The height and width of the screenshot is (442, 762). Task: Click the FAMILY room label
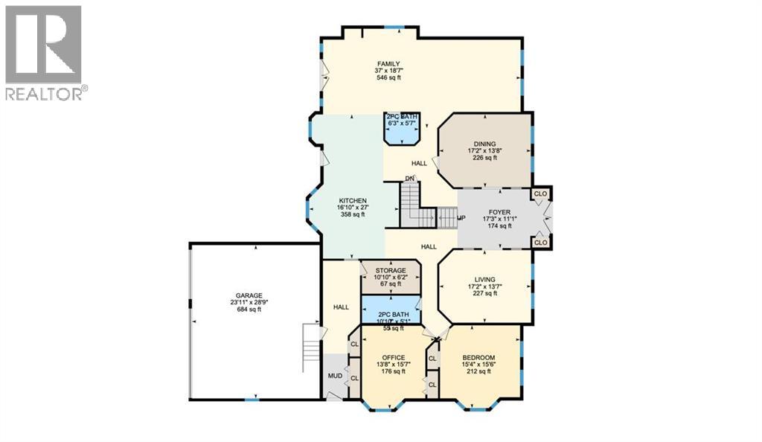(x=388, y=64)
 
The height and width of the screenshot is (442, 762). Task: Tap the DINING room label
(x=484, y=144)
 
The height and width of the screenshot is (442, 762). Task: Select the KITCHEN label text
(x=352, y=201)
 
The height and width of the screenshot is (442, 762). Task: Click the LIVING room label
(x=484, y=280)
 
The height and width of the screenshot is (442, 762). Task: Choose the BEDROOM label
(x=478, y=357)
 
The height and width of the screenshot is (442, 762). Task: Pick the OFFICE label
(x=393, y=357)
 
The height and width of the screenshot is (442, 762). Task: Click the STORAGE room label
(x=390, y=270)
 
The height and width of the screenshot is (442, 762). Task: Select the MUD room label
(x=336, y=376)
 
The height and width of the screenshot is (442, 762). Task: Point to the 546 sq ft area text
(x=388, y=78)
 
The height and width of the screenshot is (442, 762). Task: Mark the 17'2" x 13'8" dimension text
(x=484, y=151)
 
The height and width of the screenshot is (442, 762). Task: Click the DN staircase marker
(x=409, y=178)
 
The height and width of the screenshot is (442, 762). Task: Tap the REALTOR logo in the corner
(x=45, y=53)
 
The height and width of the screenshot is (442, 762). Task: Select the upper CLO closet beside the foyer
(x=540, y=193)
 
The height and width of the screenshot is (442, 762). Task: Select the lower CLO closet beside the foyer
(x=540, y=243)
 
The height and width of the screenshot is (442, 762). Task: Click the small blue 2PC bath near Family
(x=402, y=129)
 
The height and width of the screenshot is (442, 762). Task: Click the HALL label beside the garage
(x=342, y=307)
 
